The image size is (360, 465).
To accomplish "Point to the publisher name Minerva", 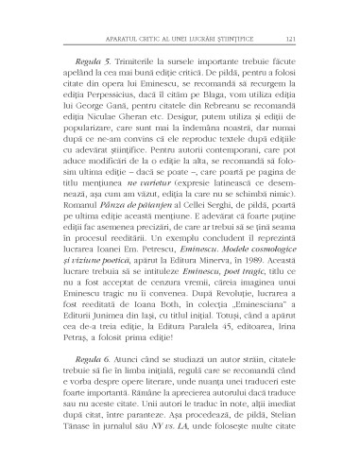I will coord(234,322).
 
